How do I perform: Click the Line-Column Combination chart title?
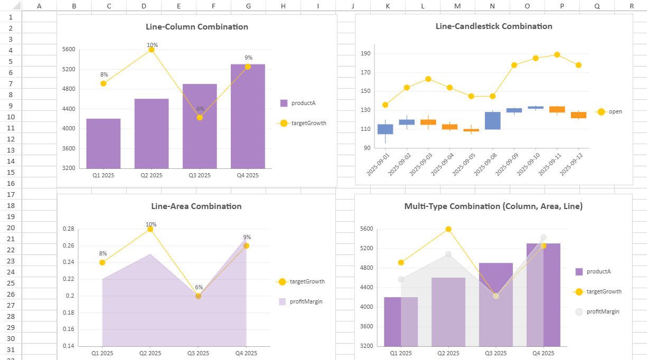(x=197, y=27)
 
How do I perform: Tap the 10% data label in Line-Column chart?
(x=152, y=45)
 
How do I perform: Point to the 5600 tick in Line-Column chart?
(x=69, y=50)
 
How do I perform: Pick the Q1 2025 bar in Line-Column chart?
(x=104, y=144)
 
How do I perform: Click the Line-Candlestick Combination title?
(x=494, y=26)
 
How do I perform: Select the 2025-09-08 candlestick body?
(x=492, y=120)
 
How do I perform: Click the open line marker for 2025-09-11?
(x=557, y=55)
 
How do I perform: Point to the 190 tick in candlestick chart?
(x=365, y=54)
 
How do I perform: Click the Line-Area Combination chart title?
(x=196, y=206)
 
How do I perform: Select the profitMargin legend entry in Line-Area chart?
(x=306, y=301)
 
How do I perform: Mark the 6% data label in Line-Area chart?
(x=199, y=288)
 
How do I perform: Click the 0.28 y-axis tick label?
(x=69, y=229)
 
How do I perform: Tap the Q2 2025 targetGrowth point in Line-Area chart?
(x=150, y=229)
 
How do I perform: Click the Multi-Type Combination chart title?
(x=493, y=206)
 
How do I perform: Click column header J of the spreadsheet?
(x=353, y=6)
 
